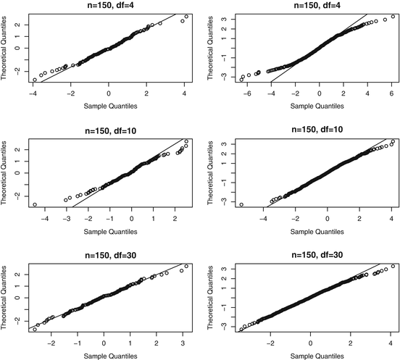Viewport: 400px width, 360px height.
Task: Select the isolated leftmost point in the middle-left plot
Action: pyautogui.click(x=34, y=205)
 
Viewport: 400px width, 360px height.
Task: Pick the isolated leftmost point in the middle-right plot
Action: pyautogui.click(x=241, y=204)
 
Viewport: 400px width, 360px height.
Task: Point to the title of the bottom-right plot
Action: pyautogui.click(x=317, y=255)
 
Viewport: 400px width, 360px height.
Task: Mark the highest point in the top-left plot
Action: pyautogui.click(x=186, y=16)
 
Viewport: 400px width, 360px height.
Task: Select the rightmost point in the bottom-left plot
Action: pyautogui.click(x=186, y=267)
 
